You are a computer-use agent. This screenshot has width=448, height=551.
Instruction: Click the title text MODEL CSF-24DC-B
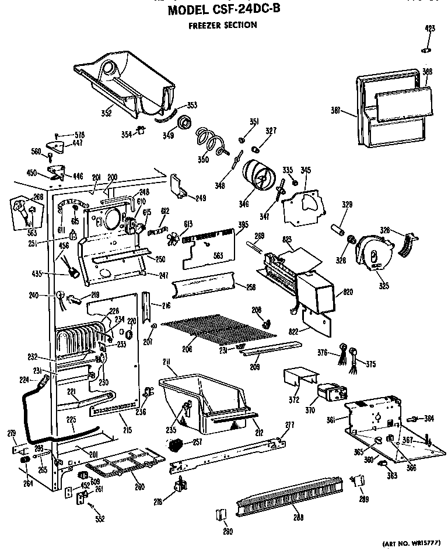224,11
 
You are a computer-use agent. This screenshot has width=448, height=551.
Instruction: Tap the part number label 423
430,28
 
